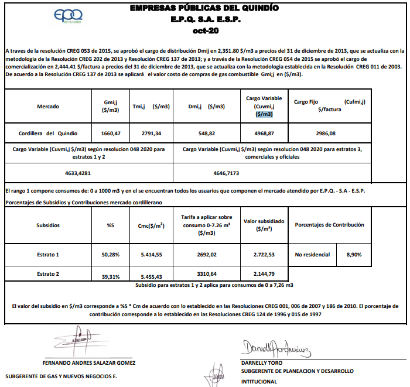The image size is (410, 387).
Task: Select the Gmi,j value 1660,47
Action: point(110,134)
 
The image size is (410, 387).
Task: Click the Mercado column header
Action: point(48,106)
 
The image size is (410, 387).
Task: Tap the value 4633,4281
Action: point(78,173)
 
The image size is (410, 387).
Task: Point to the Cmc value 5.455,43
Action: point(151,276)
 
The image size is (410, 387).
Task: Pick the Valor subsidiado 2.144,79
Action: point(264,273)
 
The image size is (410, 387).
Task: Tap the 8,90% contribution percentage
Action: point(354,255)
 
